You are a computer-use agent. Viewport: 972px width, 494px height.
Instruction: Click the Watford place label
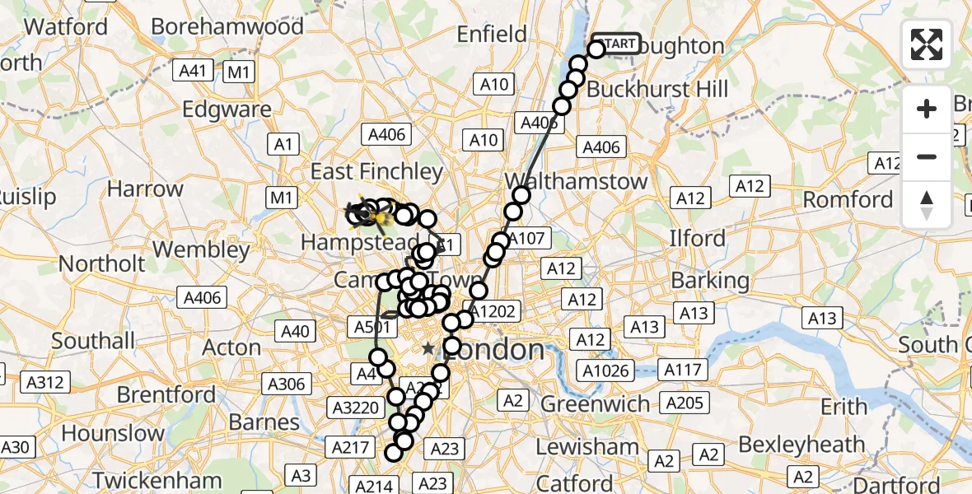click(x=66, y=26)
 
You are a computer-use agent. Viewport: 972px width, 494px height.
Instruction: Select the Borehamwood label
click(x=228, y=26)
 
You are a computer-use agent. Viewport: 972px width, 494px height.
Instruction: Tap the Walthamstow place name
click(x=576, y=181)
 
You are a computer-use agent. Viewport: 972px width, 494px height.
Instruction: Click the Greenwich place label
click(x=595, y=403)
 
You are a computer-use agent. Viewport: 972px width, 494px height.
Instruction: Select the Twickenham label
click(x=157, y=480)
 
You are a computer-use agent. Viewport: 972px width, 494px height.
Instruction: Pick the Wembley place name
click(x=201, y=249)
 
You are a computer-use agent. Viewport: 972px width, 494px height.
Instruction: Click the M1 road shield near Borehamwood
click(x=239, y=72)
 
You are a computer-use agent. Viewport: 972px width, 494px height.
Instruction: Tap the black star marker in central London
click(x=428, y=349)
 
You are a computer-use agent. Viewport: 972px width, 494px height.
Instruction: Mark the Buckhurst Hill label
click(x=660, y=88)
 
